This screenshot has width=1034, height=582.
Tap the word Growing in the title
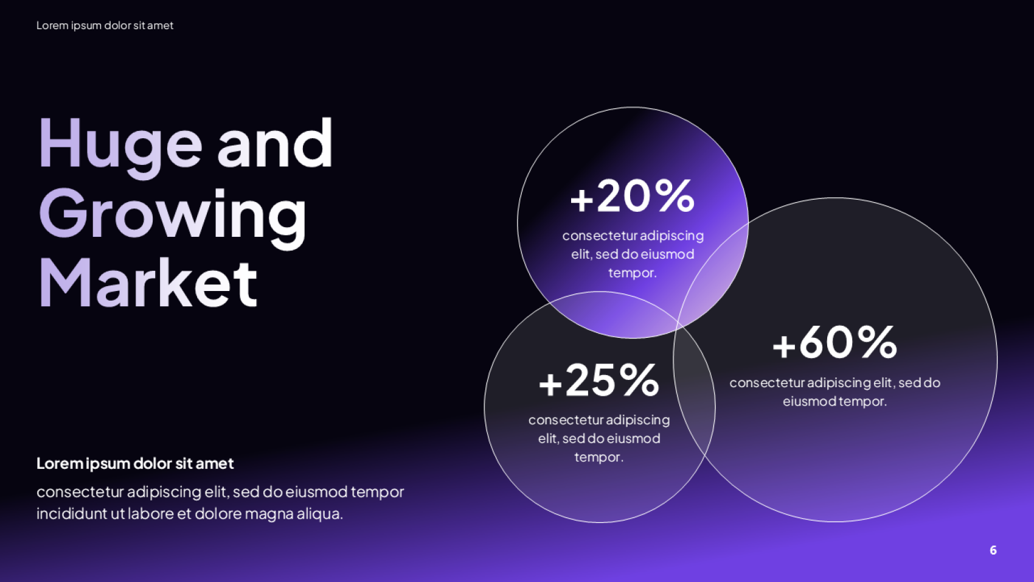[x=172, y=217]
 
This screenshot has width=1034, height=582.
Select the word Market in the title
[x=148, y=282]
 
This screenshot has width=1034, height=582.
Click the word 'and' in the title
[x=275, y=142]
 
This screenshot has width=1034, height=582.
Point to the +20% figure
[x=633, y=196]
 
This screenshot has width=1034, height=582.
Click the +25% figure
[x=599, y=380]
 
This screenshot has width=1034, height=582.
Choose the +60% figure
[x=834, y=343]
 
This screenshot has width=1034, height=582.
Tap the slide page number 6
[x=993, y=550]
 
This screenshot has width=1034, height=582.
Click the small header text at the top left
[x=105, y=26]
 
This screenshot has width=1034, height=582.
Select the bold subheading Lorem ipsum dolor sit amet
[x=135, y=463]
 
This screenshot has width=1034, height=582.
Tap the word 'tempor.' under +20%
[x=633, y=273]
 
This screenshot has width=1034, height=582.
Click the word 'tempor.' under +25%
[x=599, y=458]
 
